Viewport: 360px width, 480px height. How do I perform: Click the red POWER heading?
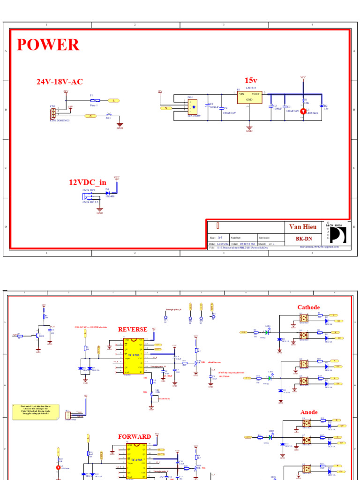[x=48, y=45]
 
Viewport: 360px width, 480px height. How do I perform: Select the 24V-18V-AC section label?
[x=60, y=82]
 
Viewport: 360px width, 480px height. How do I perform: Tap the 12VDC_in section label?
[x=88, y=182]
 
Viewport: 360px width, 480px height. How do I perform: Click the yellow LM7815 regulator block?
[x=249, y=97]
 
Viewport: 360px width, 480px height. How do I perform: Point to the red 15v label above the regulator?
[x=251, y=81]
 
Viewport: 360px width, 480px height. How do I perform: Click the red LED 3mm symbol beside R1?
[x=303, y=111]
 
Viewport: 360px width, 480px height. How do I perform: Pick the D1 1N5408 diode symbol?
[x=108, y=193]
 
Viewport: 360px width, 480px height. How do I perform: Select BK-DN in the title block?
[x=304, y=238]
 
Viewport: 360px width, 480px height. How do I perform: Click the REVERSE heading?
[x=133, y=330]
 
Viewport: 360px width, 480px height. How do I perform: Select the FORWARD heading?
[x=135, y=436]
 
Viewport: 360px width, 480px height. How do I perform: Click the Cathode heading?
[x=308, y=307]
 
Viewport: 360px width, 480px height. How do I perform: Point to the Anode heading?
[x=308, y=412]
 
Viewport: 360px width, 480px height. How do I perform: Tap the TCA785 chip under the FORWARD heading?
[x=134, y=462]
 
